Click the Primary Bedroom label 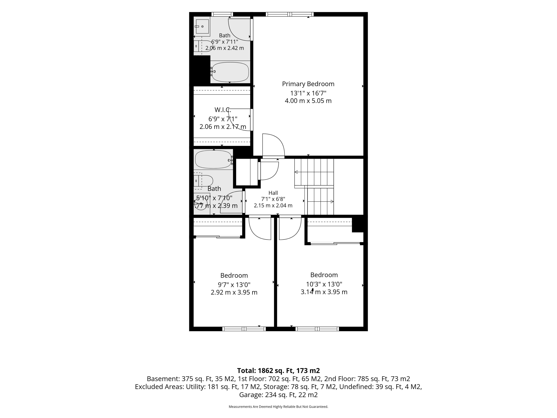(308, 84)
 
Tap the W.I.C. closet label (223, 110)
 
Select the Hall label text (273, 193)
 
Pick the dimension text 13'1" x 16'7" (308, 93)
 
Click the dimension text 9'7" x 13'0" (234, 285)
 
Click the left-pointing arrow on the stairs (296, 172)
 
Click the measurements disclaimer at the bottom (278, 407)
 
